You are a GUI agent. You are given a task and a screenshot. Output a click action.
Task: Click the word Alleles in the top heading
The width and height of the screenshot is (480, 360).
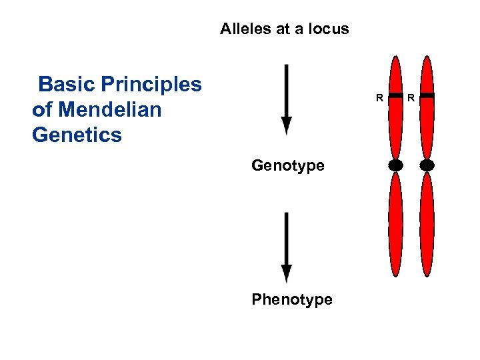click(242, 29)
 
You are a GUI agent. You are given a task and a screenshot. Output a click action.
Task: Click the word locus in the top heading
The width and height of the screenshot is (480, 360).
click(329, 29)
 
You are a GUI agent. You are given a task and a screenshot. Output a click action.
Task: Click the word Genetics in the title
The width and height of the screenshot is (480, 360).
click(77, 135)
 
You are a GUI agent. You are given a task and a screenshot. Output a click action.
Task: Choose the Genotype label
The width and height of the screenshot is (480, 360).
click(288, 165)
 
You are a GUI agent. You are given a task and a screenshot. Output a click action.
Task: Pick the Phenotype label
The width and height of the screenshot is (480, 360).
click(291, 299)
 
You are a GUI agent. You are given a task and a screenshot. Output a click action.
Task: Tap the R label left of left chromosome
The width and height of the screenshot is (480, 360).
click(379, 99)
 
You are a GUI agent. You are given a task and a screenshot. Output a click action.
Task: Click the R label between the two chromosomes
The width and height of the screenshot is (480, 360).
click(411, 99)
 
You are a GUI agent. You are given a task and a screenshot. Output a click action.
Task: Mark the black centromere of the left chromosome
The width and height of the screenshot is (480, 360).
click(396, 165)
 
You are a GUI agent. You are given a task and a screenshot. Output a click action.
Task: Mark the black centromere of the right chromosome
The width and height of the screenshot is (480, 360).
click(427, 165)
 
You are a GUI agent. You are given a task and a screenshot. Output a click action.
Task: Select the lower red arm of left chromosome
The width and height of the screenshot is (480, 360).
click(396, 223)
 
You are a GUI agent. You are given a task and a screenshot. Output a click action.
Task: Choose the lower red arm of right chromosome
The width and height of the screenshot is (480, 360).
click(427, 223)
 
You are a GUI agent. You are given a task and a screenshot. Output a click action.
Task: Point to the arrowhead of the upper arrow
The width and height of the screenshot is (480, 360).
click(286, 126)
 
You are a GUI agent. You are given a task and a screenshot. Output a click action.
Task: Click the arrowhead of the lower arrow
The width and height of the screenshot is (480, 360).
click(286, 273)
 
